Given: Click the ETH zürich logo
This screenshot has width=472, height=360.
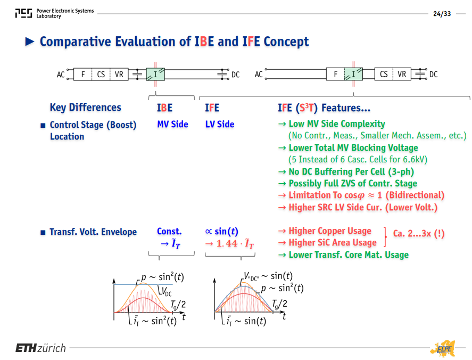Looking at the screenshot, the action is pyautogui.click(x=40, y=348).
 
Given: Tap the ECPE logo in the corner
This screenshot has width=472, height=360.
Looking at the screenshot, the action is pyautogui.click(x=443, y=349).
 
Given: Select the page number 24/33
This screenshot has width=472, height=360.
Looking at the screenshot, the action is pyautogui.click(x=442, y=14).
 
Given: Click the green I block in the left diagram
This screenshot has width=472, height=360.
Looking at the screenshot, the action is pyautogui.click(x=155, y=75).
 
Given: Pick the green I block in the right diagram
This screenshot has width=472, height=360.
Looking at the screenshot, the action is pyautogui.click(x=353, y=74).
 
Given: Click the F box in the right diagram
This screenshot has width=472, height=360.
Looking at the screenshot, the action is pyautogui.click(x=335, y=74).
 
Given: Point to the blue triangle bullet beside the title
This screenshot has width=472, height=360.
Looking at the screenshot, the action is pyautogui.click(x=30, y=42).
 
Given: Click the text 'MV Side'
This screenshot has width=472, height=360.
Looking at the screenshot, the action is pyautogui.click(x=172, y=125).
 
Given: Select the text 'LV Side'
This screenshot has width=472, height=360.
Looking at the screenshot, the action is pyautogui.click(x=220, y=125).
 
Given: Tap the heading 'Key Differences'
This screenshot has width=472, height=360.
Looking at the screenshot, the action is pyautogui.click(x=86, y=108).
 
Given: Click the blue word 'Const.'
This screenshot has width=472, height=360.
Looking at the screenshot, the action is pyautogui.click(x=169, y=231).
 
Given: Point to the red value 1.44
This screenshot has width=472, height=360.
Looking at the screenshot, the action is pyautogui.click(x=227, y=243).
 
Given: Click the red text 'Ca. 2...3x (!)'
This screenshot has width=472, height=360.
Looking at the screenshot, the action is pyautogui.click(x=419, y=233).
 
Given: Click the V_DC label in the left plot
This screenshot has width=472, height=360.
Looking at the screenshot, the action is pyautogui.click(x=167, y=292).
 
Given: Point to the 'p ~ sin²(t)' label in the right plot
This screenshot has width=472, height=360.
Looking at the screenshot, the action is pyautogui.click(x=282, y=288).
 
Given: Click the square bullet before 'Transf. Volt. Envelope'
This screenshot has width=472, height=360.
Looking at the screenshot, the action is pyautogui.click(x=43, y=232).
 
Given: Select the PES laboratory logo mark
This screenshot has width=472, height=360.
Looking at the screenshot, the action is pyautogui.click(x=23, y=13).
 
